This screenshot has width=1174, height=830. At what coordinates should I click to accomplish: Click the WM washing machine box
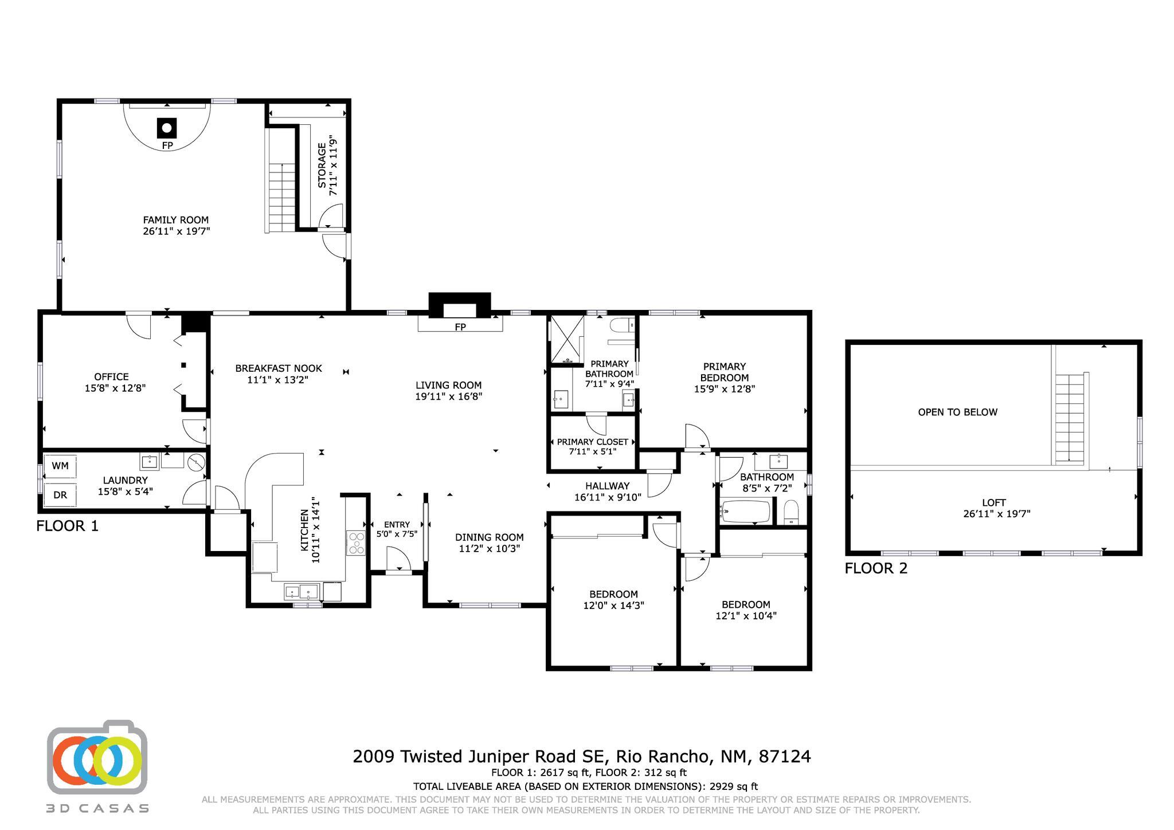[60, 466]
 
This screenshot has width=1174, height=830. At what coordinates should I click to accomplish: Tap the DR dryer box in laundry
[60, 495]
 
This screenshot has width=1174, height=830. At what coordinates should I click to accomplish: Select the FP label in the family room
[167, 145]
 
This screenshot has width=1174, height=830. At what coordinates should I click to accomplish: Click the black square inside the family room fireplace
[167, 128]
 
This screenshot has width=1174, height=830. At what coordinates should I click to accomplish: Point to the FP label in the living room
[460, 327]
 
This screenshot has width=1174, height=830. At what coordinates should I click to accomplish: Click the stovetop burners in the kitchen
[356, 542]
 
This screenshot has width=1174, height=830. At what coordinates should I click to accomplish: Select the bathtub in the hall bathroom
[746, 512]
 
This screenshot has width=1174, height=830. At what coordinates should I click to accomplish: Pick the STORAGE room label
[322, 166]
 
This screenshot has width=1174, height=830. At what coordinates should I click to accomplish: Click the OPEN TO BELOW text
[957, 412]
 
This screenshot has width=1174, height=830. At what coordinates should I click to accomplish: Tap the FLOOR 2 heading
[876, 568]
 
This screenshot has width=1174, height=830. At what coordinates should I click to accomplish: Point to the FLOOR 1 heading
[67, 526]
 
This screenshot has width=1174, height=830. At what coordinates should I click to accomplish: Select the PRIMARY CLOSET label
[592, 442]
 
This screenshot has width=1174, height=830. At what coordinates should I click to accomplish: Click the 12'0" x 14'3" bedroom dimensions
[613, 605]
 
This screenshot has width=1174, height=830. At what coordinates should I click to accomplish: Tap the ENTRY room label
[397, 524]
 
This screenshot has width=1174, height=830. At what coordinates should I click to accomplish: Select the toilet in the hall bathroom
[791, 512]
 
